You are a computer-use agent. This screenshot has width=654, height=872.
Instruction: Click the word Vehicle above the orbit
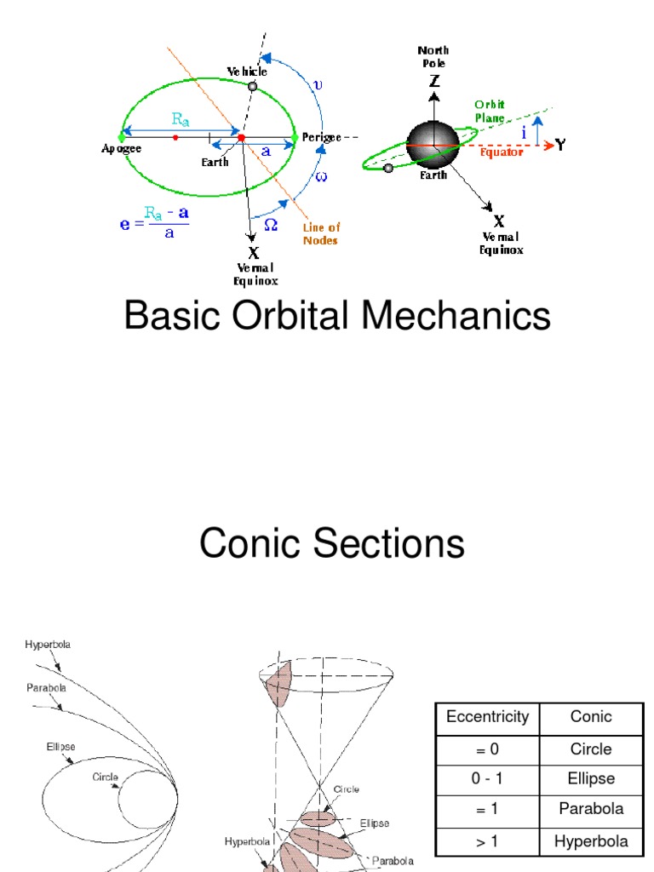[246, 72]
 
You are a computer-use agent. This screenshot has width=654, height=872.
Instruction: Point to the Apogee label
[122, 148]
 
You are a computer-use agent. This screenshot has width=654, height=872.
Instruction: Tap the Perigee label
[321, 136]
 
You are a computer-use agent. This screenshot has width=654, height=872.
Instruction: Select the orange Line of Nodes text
[321, 233]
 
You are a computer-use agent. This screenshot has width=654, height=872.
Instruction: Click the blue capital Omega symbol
[271, 224]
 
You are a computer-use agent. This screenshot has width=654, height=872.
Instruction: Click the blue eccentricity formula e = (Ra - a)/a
[154, 224]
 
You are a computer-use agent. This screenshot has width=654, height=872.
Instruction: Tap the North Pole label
[433, 57]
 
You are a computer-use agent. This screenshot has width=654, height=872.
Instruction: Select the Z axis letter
[434, 82]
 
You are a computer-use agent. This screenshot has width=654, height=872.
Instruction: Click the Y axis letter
[561, 145]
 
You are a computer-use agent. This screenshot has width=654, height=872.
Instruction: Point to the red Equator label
[502, 153]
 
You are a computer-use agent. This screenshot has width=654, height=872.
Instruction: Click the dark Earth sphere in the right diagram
[433, 142]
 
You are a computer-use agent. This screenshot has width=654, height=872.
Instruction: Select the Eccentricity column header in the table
[487, 717]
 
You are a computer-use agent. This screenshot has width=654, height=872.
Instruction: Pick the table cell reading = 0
[487, 749]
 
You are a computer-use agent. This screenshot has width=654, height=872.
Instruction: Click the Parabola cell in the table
[591, 809]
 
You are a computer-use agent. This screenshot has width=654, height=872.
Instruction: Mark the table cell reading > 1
[487, 841]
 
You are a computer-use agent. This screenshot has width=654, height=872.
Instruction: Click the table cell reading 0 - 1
[487, 779]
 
